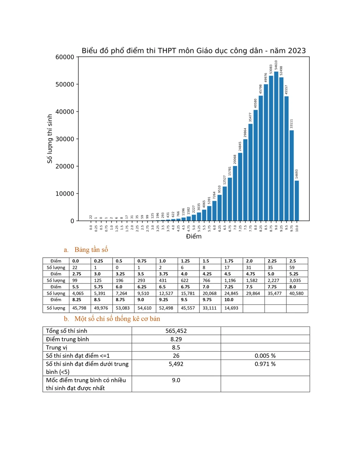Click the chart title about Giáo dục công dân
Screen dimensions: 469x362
click(x=194, y=51)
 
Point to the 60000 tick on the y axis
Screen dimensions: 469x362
click(x=65, y=57)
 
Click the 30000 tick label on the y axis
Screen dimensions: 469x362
click(x=65, y=139)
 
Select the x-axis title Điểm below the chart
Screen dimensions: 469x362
click(x=194, y=236)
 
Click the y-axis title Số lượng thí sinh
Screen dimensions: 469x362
click(x=50, y=139)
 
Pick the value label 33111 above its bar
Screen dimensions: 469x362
click(x=291, y=124)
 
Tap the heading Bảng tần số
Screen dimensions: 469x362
click(x=91, y=250)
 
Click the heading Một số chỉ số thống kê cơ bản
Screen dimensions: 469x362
click(x=117, y=319)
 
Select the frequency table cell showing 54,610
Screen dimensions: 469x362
click(x=144, y=308)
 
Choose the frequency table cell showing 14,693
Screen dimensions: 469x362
click(x=231, y=308)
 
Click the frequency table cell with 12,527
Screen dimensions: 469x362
click(x=166, y=293)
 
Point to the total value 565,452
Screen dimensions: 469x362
click(x=176, y=331)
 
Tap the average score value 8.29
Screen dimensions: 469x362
click(x=176, y=339)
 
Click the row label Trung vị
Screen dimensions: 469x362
click(x=56, y=348)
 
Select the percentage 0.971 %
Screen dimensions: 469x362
click(x=265, y=364)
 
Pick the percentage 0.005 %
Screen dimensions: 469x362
click(x=265, y=356)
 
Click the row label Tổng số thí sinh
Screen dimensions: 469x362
click(x=67, y=331)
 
